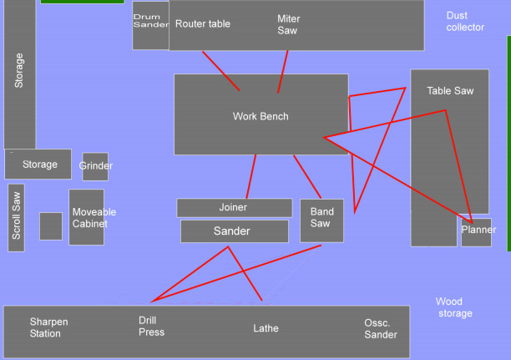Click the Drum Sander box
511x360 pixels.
pyautogui.click(x=150, y=25)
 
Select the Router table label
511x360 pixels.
pyautogui.click(x=203, y=24)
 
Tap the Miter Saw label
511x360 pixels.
pyautogui.click(x=289, y=24)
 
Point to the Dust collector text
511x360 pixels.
pyautogui.click(x=465, y=21)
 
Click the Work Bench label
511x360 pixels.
pyautogui.click(x=261, y=116)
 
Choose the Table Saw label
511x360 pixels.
pyautogui.click(x=450, y=90)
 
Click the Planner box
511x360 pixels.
pyautogui.click(x=477, y=231)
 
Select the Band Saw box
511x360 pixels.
pyautogui.click(x=321, y=220)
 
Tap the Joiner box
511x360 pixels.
pyautogui.click(x=234, y=207)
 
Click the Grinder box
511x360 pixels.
pyautogui.click(x=95, y=166)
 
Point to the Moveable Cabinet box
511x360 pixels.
pyautogui.click(x=87, y=217)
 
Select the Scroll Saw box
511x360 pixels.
pyautogui.click(x=17, y=217)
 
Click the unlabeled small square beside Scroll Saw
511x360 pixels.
pyautogui.click(x=51, y=226)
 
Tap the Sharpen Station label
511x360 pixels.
pyautogui.click(x=48, y=327)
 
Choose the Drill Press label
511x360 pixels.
pyautogui.click(x=151, y=326)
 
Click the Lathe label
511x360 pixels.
pyautogui.click(x=266, y=328)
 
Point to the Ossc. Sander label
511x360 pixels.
pyautogui.click(x=381, y=328)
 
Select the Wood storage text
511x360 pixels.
pyautogui.click(x=453, y=307)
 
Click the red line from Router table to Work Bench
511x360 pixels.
pyautogui.click(x=221, y=71)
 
